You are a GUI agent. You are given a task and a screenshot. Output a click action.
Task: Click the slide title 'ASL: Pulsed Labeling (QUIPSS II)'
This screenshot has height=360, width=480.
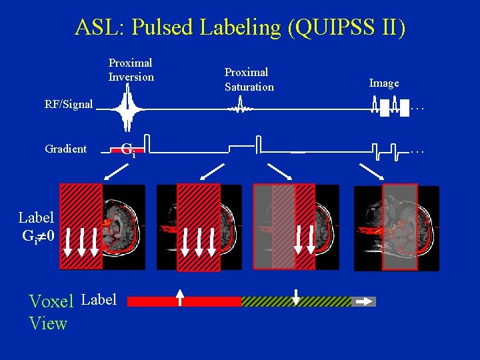tap(239, 27)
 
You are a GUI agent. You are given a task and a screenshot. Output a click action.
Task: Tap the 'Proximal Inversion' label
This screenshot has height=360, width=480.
tap(131, 70)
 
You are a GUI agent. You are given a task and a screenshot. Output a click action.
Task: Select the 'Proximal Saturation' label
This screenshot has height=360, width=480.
tap(249, 79)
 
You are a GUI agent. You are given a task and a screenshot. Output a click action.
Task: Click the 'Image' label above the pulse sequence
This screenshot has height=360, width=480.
tap(384, 83)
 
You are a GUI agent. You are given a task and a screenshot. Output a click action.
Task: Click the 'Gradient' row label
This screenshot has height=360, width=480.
tap(65, 149)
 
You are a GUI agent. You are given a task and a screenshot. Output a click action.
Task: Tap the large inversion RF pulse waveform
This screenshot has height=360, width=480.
tap(127, 108)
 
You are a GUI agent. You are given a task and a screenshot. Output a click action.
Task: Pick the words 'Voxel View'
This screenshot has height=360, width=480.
tap(51, 312)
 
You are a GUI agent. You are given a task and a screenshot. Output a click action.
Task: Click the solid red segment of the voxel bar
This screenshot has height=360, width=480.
tap(183, 301)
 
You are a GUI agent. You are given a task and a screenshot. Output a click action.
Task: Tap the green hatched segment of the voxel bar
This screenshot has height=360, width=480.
tap(295, 301)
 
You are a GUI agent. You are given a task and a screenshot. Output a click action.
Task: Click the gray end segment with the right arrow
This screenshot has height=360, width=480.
tap(364, 301)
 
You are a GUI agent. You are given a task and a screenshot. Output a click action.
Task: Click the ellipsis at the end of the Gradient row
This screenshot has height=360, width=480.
tap(417, 151)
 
